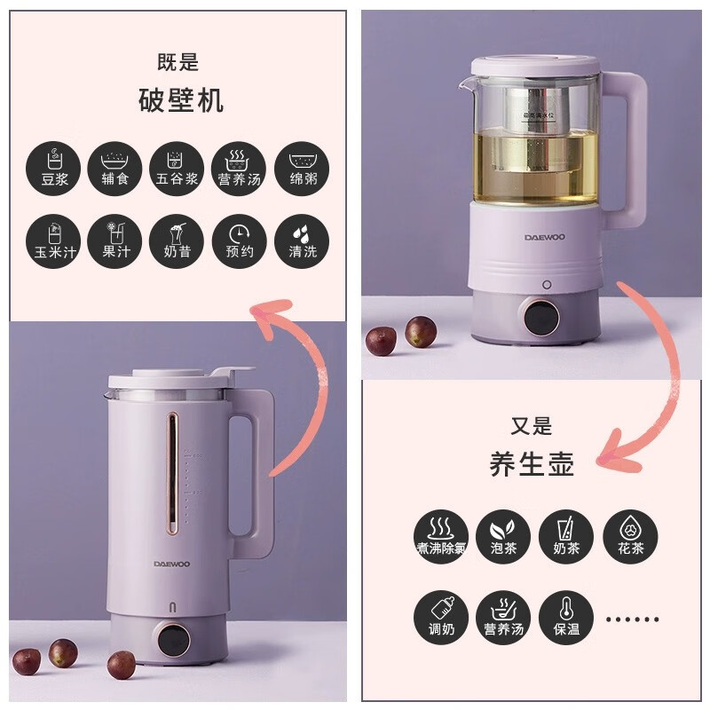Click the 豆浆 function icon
[52, 169]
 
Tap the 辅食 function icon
[114, 169]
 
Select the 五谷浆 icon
[177, 169]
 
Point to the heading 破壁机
[181, 100]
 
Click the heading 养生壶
[532, 464]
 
